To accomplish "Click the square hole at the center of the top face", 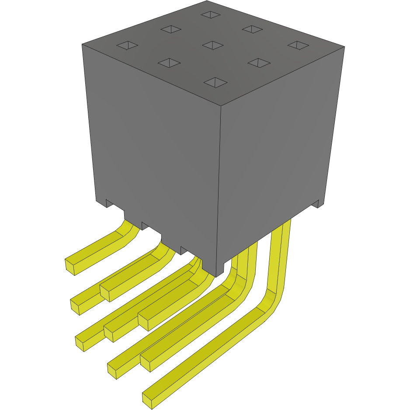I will tap(213, 45).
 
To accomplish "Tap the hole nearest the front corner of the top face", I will tap(215, 82).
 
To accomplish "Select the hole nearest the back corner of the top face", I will tap(211, 14).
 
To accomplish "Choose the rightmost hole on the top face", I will tap(298, 45).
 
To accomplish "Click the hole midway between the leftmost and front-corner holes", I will tap(169, 63).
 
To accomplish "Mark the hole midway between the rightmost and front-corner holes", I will tap(259, 63).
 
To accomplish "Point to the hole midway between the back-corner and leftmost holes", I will tap(170, 29).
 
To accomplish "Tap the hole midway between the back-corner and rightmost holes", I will tap(252, 29).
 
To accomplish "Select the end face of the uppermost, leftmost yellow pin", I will tap(69, 267).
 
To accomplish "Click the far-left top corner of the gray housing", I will tap(82, 44).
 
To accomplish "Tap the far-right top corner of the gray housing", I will tap(344, 47).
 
